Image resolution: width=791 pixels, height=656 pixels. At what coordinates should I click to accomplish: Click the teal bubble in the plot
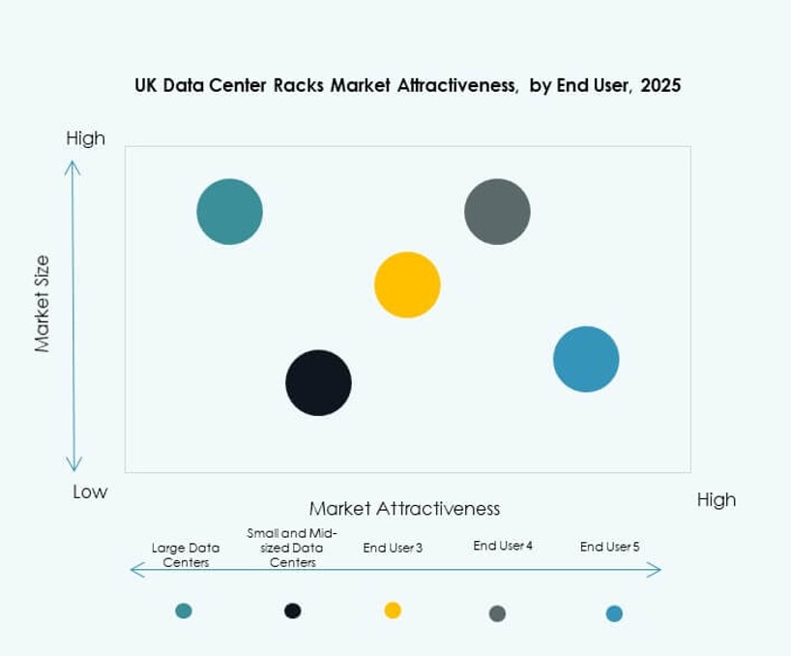[229, 212]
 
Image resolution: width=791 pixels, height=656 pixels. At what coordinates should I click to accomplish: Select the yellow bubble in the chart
[407, 284]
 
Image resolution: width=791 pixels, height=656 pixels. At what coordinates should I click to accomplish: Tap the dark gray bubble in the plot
[497, 212]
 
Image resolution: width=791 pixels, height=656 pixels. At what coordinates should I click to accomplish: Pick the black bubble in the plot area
[318, 383]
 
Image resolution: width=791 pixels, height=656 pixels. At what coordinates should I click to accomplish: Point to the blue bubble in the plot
[586, 359]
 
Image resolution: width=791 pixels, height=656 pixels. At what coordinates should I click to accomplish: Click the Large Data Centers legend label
[186, 554]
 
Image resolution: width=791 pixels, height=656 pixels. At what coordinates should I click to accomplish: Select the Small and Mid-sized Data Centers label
[292, 548]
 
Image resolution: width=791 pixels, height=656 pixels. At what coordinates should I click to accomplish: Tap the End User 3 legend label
[393, 548]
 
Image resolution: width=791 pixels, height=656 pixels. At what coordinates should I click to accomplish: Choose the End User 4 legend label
[503, 546]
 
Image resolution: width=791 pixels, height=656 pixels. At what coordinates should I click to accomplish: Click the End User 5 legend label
[609, 547]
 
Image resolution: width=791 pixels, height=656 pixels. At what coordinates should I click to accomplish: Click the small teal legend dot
[184, 611]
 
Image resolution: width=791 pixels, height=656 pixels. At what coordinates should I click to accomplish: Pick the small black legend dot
[293, 611]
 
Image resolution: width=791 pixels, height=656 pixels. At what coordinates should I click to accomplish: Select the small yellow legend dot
[393, 610]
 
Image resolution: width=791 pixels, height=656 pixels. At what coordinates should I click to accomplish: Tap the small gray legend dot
[497, 613]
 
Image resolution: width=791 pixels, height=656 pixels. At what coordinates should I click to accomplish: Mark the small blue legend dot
[614, 613]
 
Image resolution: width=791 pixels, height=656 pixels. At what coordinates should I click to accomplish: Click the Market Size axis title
[42, 303]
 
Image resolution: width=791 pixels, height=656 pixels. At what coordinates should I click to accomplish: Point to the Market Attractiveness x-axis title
[404, 508]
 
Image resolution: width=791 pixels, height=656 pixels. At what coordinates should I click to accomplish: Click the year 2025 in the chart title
[660, 85]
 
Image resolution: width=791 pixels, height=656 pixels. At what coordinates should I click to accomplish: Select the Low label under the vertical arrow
[90, 492]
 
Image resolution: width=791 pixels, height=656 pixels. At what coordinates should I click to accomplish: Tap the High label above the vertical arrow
[85, 138]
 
